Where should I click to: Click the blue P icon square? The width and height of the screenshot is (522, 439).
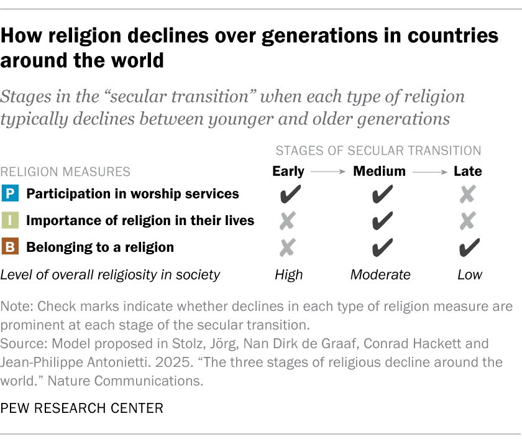pos(11,194)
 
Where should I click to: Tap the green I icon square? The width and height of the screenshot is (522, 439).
pos(11,221)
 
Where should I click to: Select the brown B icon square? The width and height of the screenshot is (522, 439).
pos(11,247)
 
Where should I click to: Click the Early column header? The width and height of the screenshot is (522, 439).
pos(288,171)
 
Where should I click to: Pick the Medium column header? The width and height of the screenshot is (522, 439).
pos(379,171)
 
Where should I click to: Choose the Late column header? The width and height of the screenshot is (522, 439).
pos(467,171)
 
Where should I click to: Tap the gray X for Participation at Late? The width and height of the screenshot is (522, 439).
pos(467,195)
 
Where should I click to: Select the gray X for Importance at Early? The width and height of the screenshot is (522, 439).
pos(288,221)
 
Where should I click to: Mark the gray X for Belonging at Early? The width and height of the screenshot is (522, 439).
pos(288,248)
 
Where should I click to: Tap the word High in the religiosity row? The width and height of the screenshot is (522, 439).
pos(288,274)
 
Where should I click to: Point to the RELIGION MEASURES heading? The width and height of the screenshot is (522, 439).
pos(65,171)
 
